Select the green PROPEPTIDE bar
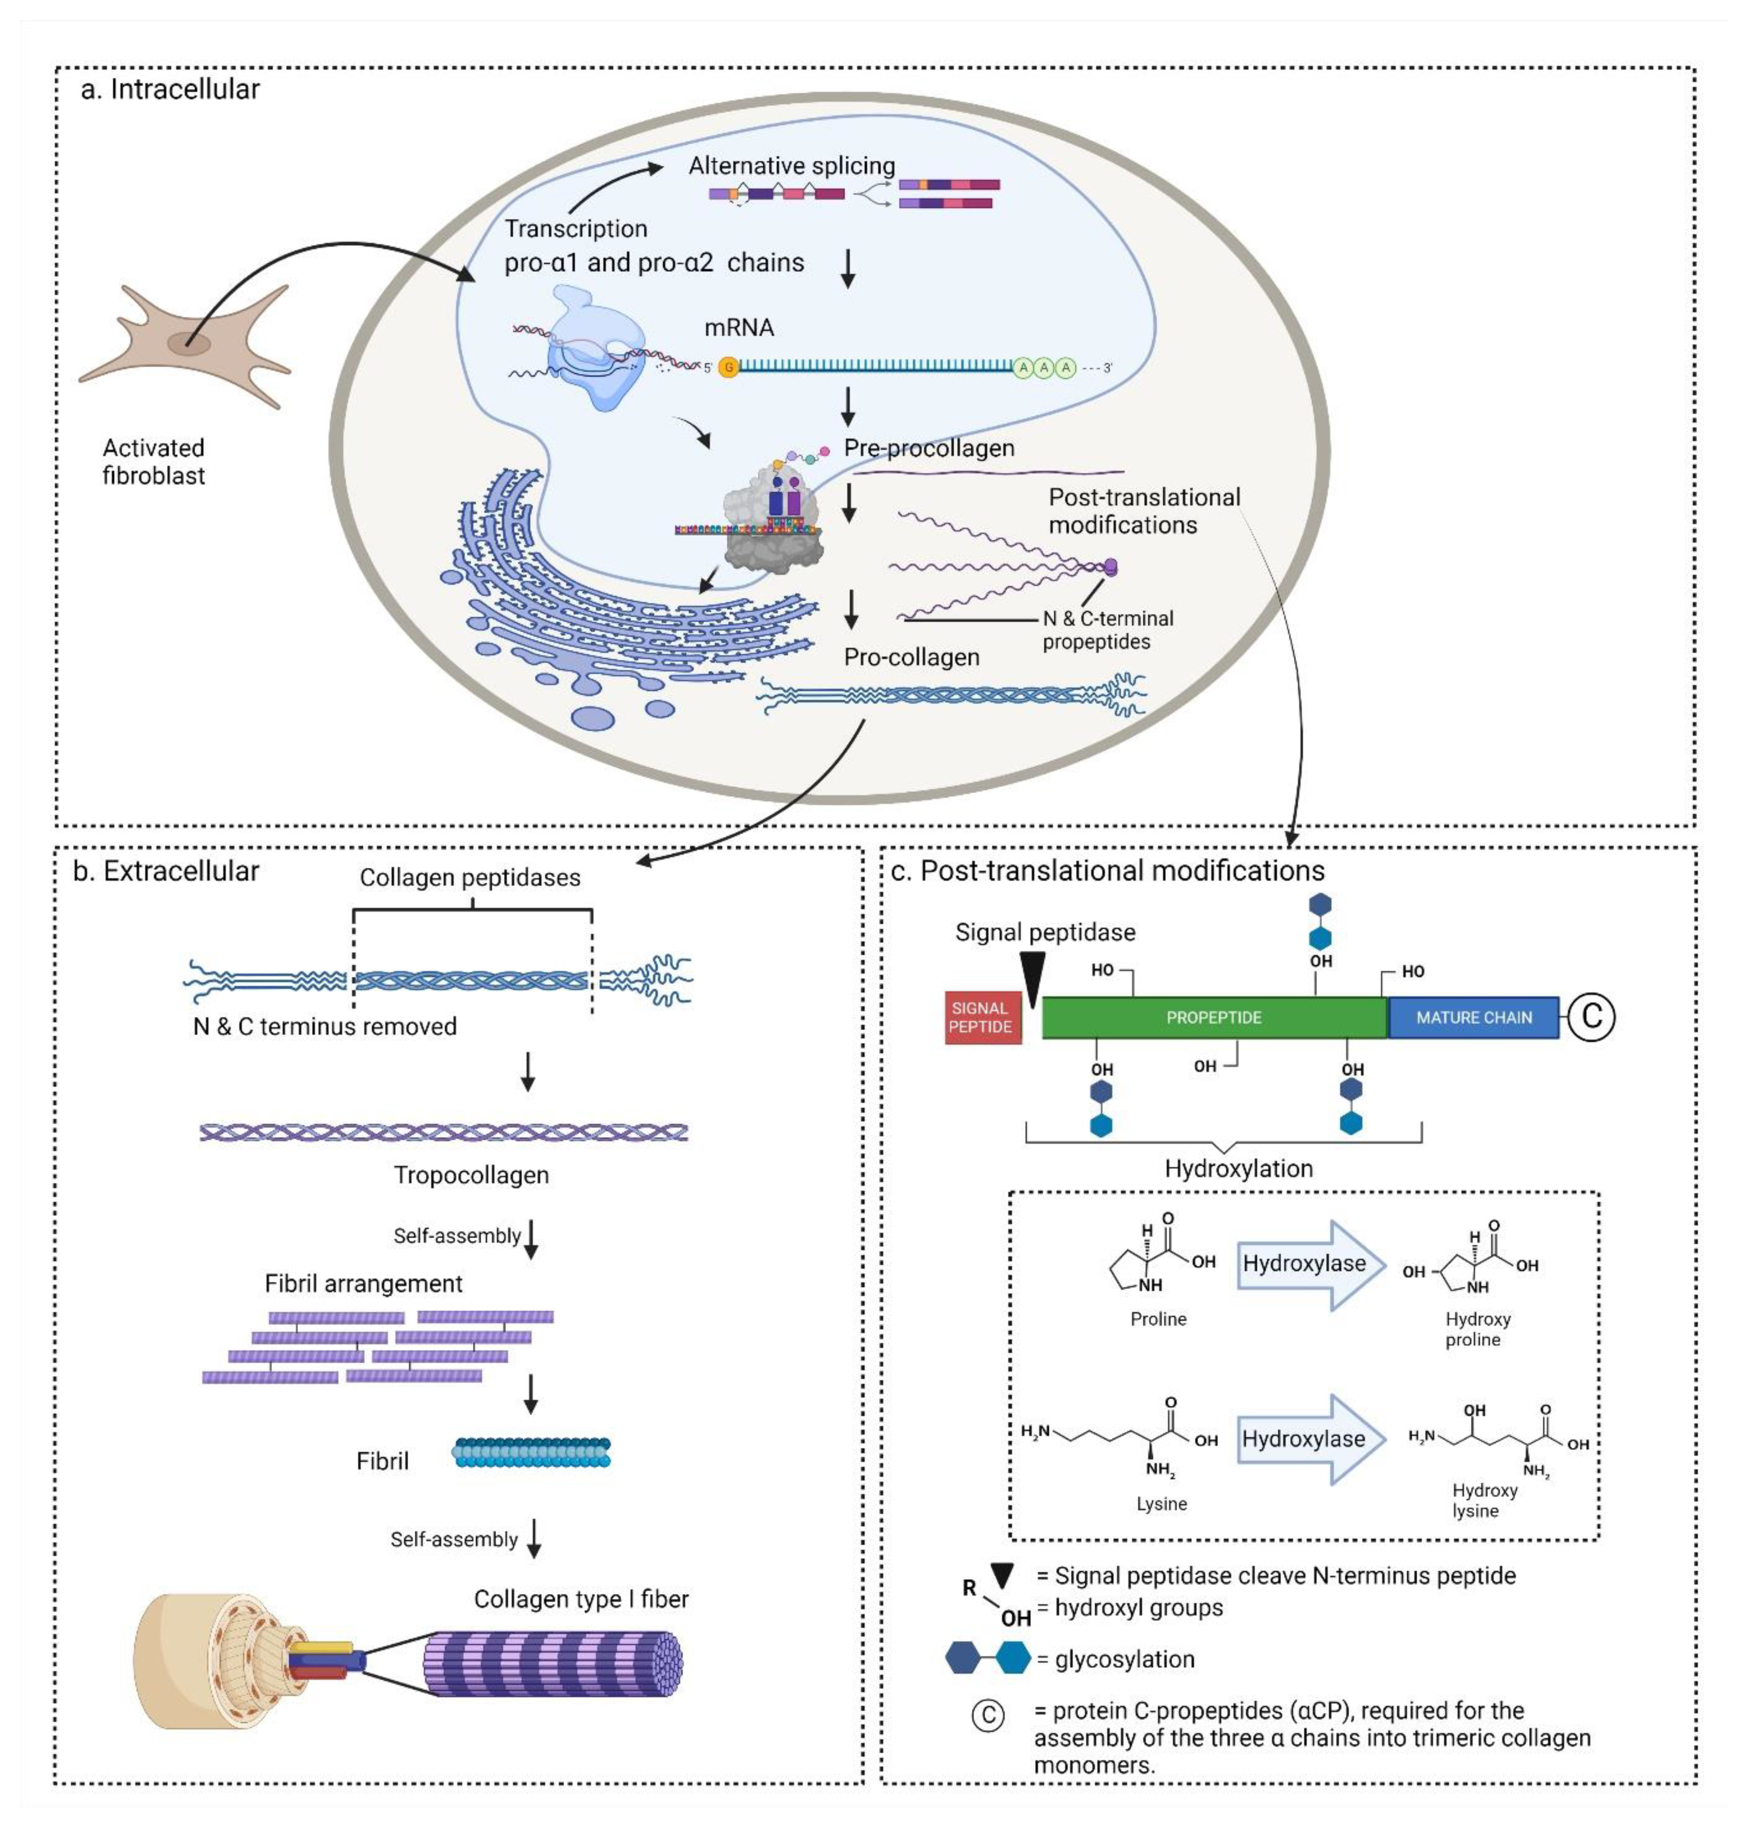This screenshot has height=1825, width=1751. [x=1213, y=1017]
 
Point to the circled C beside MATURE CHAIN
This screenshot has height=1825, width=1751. [x=1591, y=1015]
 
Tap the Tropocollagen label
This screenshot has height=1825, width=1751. [x=470, y=1175]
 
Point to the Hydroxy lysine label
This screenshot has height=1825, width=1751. [x=1484, y=1500]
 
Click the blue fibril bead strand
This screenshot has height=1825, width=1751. [x=531, y=1452]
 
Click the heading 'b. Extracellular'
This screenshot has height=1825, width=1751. [x=166, y=871]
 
